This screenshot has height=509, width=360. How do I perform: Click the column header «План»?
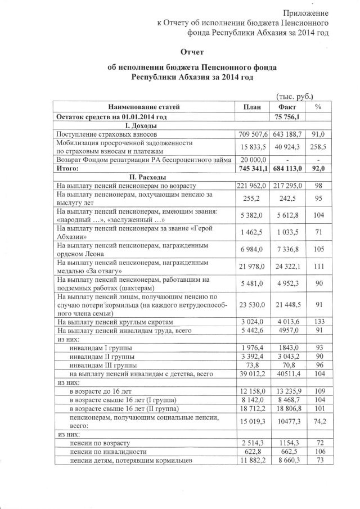click(x=251, y=107)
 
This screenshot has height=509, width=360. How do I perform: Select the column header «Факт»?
click(x=287, y=107)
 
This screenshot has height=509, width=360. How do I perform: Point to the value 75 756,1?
click(x=287, y=117)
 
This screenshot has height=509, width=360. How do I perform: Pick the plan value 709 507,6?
click(x=251, y=135)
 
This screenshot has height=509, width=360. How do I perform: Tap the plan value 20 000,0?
click(x=251, y=160)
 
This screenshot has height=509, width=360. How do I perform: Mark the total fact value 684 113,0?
click(x=287, y=168)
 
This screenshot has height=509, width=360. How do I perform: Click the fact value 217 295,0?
click(x=287, y=186)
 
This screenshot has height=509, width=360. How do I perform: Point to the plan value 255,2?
click(x=251, y=199)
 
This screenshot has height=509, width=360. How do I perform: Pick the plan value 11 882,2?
click(x=251, y=461)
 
